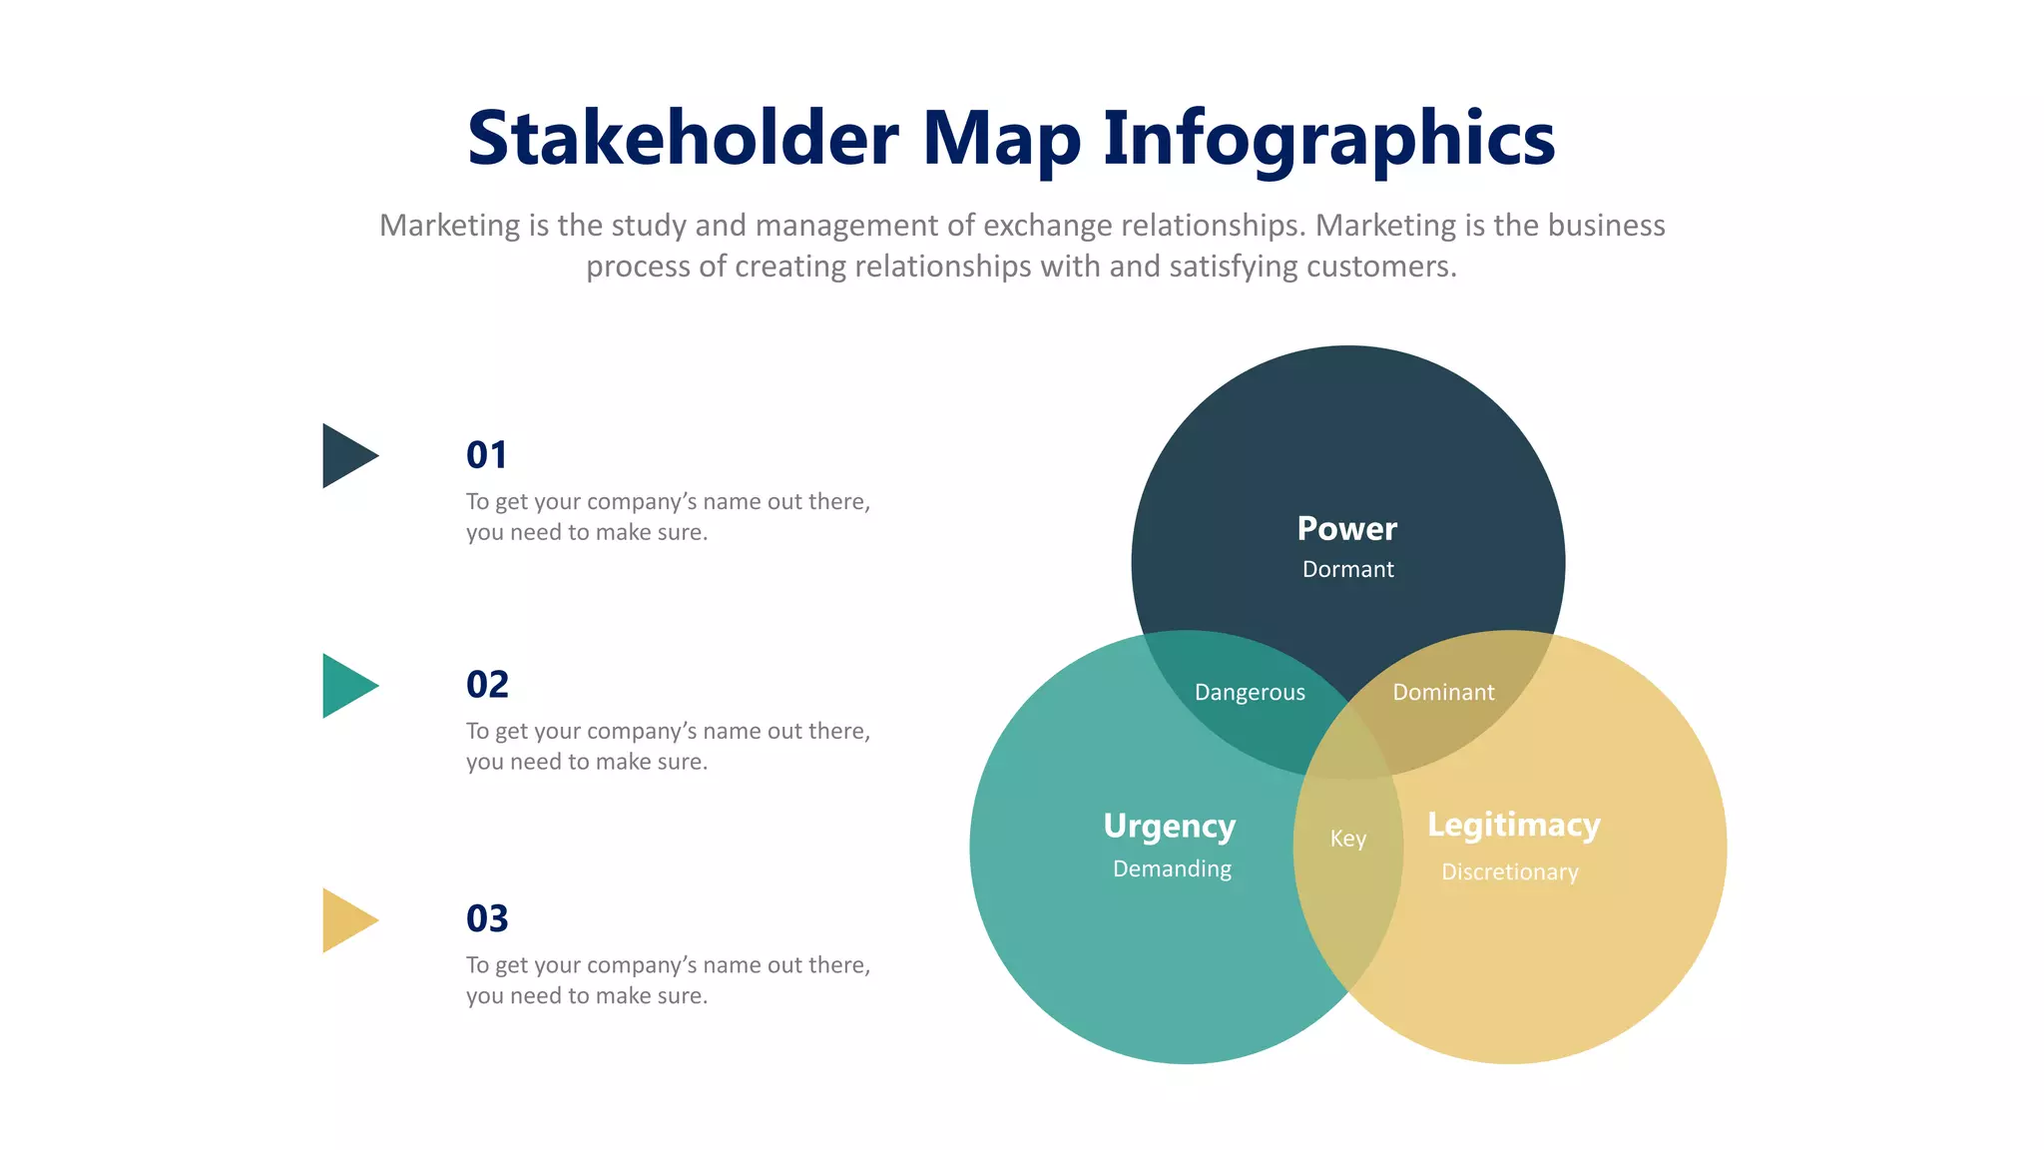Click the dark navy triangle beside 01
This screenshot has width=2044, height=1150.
345,456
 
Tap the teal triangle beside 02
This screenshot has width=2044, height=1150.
345,686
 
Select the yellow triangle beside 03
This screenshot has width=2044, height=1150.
345,920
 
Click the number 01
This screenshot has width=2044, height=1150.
487,455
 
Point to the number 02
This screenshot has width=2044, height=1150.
487,685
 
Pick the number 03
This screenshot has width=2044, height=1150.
487,918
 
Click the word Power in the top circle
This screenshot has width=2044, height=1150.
1346,528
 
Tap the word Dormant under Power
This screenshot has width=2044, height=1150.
1347,569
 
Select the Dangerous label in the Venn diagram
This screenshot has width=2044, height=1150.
1250,692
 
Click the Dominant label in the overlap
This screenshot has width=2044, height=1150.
1443,692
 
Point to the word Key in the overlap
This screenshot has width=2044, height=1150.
1347,839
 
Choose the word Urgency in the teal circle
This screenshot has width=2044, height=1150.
1169,827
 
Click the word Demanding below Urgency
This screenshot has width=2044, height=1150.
1172,868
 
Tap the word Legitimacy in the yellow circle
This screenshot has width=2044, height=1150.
1513,826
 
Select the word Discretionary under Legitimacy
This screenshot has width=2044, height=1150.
1509,871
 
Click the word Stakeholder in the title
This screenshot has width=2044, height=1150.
683,138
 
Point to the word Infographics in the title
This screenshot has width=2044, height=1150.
1328,138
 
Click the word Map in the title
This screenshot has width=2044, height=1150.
1001,138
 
